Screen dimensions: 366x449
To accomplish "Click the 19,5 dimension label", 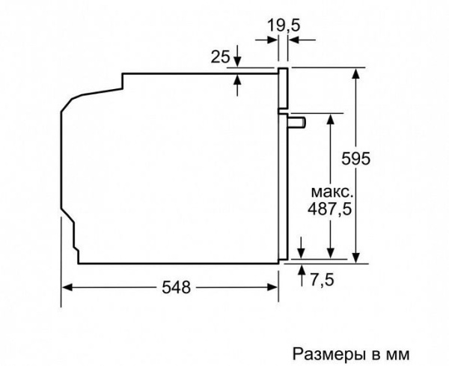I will coord(283,25).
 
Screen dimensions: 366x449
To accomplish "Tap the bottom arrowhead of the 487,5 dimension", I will coord(329,256).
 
